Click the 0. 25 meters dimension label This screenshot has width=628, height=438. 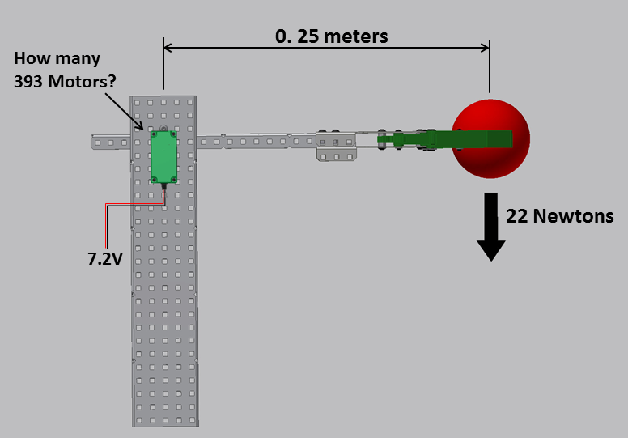tap(331, 36)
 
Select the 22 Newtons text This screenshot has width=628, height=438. tap(559, 216)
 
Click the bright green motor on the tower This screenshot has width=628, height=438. tap(164, 156)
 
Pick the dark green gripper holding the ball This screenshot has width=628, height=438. tap(469, 139)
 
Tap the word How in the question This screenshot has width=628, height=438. tap(32, 58)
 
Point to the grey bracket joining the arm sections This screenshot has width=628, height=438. tap(337, 146)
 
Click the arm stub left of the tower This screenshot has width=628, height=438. tap(110, 142)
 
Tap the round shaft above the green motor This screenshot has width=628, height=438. tap(164, 129)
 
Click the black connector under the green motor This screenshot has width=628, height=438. tap(164, 187)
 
